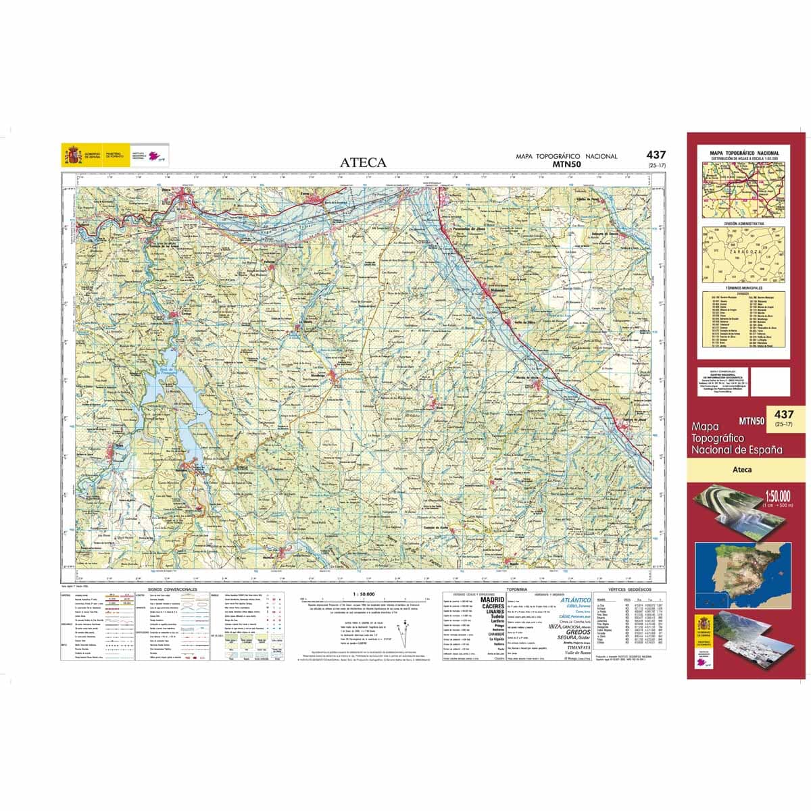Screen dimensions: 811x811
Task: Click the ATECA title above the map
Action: (363, 162)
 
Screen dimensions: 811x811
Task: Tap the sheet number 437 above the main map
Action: (656, 155)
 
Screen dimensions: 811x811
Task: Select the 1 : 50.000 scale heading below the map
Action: (364, 594)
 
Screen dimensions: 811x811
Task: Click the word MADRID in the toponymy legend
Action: (492, 599)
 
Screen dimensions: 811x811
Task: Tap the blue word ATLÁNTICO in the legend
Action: (574, 599)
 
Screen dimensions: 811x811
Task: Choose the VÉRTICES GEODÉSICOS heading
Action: (629, 589)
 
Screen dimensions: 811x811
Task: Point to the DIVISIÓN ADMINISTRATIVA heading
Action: (743, 222)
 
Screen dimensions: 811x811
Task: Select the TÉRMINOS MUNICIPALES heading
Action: (743, 288)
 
